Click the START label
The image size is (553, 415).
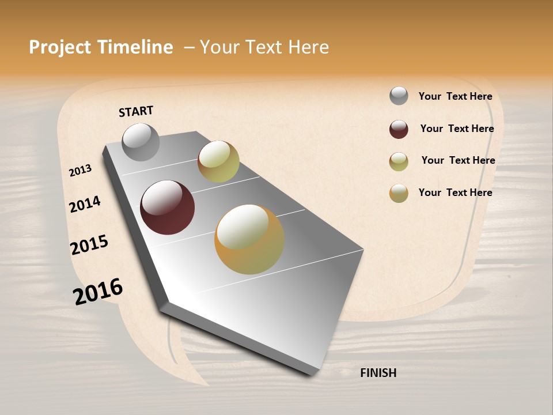136,111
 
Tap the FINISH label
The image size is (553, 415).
378,373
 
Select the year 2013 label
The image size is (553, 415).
80,171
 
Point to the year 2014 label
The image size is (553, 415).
85,205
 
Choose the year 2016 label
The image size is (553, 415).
98,291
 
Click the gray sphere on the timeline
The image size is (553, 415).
141,142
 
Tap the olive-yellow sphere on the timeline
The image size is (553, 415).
218,161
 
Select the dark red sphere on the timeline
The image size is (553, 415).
168,207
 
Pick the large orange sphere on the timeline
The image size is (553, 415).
249,239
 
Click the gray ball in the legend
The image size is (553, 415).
399,96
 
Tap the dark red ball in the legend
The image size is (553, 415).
399,129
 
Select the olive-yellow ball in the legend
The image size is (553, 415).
399,161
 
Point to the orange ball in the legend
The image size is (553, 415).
399,193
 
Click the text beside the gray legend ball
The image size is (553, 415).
455,97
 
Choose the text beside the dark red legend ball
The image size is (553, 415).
457,129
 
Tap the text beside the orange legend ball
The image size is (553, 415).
455,193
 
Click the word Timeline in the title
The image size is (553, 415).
135,47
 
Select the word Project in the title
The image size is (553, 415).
60,47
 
